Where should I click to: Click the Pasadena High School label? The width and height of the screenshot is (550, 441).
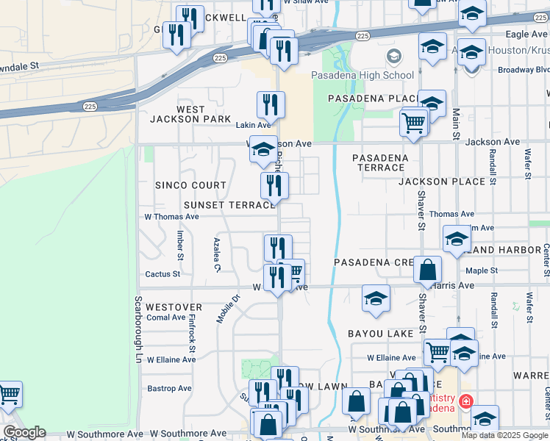(362, 75)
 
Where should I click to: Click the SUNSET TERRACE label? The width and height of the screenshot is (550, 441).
(229, 205)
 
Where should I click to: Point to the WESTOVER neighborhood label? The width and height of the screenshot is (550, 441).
(174, 306)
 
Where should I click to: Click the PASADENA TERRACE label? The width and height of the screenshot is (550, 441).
(380, 162)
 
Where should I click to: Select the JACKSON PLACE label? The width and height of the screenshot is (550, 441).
(442, 181)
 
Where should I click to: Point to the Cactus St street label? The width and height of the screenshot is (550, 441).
(162, 274)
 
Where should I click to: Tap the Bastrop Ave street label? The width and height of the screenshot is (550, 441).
(169, 388)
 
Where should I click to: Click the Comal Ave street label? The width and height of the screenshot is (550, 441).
(165, 318)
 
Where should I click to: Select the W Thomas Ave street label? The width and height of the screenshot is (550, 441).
(171, 217)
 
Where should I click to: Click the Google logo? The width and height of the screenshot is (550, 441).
(24, 432)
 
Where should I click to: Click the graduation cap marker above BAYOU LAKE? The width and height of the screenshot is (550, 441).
(376, 299)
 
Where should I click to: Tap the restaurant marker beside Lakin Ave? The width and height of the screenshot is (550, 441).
(271, 106)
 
